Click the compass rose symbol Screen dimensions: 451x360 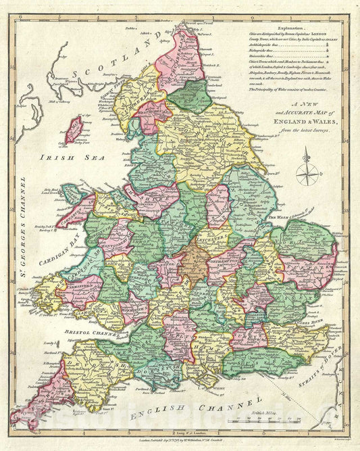308,167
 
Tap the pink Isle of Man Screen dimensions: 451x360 73,128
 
